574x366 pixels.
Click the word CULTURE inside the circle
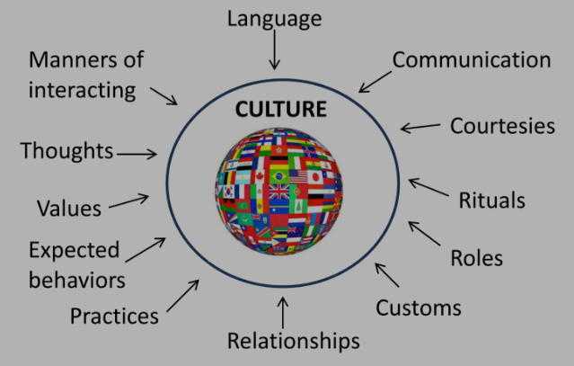coord(281,112)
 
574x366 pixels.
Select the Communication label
coord(472,60)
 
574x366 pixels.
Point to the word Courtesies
coord(503,125)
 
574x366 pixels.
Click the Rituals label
coord(492,199)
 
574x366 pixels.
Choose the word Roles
coord(476,258)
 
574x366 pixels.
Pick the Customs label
coord(418,308)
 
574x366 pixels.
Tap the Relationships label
coord(293,342)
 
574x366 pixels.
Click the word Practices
coord(114,317)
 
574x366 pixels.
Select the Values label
coord(69,209)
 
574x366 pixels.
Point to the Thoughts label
coord(67,151)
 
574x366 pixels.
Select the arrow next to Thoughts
coord(137,154)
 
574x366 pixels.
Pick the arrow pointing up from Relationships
coord(284,310)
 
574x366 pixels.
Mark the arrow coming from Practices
coord(182,297)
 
